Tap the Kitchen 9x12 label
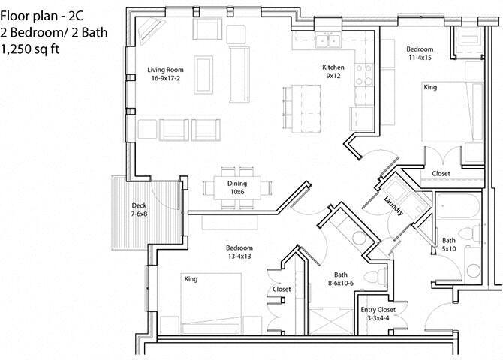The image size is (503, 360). [333, 70]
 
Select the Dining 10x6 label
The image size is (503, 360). [237, 187]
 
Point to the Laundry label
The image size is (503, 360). [393, 206]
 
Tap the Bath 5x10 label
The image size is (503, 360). [449, 244]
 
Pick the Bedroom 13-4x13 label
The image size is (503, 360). [239, 252]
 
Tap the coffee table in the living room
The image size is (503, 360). [203, 74]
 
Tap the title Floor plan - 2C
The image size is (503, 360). [41, 11]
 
